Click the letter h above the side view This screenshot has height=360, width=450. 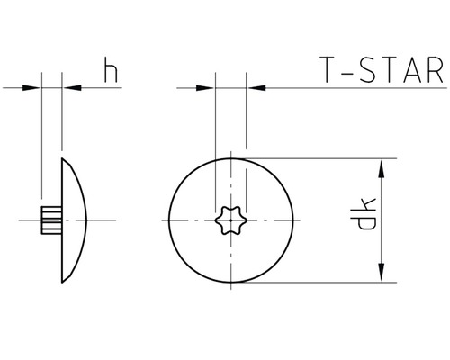tap(111, 72)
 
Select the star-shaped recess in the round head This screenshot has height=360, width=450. tap(231, 220)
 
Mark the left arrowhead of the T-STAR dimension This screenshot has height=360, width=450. tap(209, 88)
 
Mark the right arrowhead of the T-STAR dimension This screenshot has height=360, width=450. tap(253, 88)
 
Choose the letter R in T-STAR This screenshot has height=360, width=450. tap(433, 70)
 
